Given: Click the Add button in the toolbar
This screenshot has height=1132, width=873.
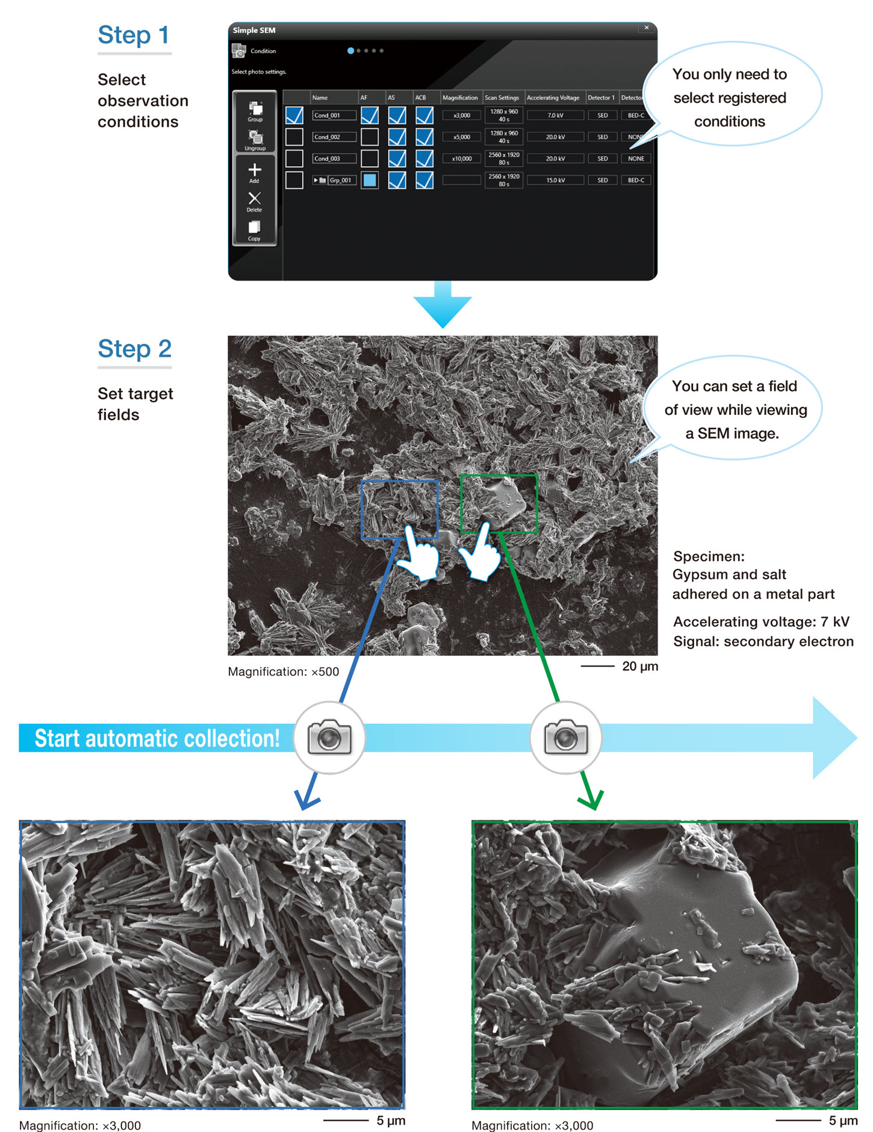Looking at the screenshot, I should pyautogui.click(x=255, y=172).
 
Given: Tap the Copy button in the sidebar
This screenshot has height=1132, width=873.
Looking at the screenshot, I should pyautogui.click(x=255, y=229).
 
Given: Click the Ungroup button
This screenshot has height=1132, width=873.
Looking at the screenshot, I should pyautogui.click(x=255, y=140).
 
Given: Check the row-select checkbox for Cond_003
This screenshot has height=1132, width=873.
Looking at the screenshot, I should pyautogui.click(x=294, y=158).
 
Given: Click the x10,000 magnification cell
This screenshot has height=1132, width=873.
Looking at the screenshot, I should pyautogui.click(x=462, y=158).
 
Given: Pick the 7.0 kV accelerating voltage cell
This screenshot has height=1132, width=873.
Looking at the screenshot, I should pyautogui.click(x=555, y=115).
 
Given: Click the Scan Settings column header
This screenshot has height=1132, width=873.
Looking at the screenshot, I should pyautogui.click(x=502, y=98).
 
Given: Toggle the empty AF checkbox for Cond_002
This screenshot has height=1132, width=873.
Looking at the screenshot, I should pyautogui.click(x=370, y=137).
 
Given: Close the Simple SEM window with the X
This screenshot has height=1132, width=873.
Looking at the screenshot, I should pyautogui.click(x=647, y=28).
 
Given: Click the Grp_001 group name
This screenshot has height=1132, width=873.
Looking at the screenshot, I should pyautogui.click(x=340, y=180).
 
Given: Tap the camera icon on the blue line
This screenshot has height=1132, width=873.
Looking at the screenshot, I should pyautogui.click(x=329, y=737).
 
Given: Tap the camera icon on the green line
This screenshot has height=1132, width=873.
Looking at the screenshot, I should pyautogui.click(x=565, y=737).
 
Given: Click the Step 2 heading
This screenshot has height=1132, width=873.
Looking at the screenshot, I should pyautogui.click(x=135, y=349).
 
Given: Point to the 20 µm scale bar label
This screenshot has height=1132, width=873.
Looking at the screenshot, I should pyautogui.click(x=639, y=666).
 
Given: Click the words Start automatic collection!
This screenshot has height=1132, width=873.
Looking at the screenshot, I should pyautogui.click(x=157, y=738).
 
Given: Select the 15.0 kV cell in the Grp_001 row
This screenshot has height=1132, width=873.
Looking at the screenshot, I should pyautogui.click(x=555, y=180).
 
